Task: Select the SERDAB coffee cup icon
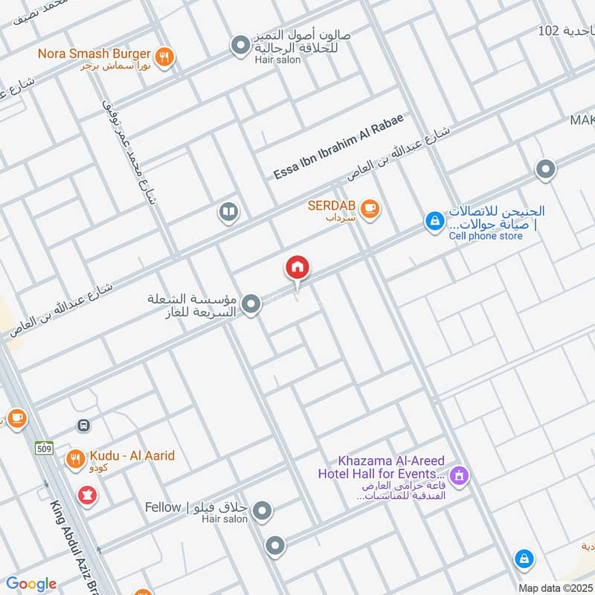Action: (370, 210)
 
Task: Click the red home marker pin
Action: (297, 268)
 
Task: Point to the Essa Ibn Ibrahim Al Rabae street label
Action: (338, 147)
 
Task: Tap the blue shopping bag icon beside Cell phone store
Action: (434, 221)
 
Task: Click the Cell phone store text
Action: (485, 236)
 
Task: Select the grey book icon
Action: (228, 213)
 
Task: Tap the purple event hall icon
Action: (460, 474)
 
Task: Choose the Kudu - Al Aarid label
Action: (132, 455)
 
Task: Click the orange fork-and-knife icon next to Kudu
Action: (75, 460)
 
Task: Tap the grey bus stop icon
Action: (84, 425)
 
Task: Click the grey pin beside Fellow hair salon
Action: (262, 511)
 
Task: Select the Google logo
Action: (31, 584)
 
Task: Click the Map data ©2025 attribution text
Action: (554, 588)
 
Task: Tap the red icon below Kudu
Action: (89, 495)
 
